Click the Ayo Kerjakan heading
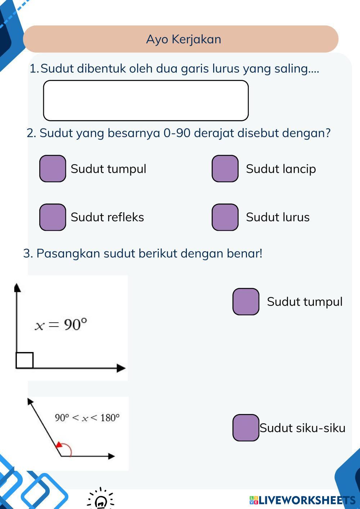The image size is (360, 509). pyautogui.click(x=184, y=39)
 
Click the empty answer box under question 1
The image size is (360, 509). pyautogui.click(x=146, y=100)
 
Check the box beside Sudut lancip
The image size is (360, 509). pyautogui.click(x=225, y=168)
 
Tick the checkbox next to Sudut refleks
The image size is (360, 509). pyautogui.click(x=53, y=217)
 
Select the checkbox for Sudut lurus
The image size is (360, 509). pyautogui.click(x=225, y=217)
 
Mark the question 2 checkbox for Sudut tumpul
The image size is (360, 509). pyautogui.click(x=53, y=168)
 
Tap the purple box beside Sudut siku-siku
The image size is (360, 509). pyautogui.click(x=246, y=428)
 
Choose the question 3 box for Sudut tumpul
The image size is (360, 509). pyautogui.click(x=246, y=302)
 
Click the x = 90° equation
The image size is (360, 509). pyautogui.click(x=61, y=324)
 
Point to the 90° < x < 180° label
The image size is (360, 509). pyautogui.click(x=87, y=418)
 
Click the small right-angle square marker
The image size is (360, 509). pyautogui.click(x=24, y=360)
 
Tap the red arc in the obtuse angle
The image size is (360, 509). pyautogui.click(x=67, y=448)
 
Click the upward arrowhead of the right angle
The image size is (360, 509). pyautogui.click(x=17, y=287)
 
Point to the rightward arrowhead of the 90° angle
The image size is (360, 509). pyautogui.click(x=121, y=368)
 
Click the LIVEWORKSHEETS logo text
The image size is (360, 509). pyautogui.click(x=302, y=500)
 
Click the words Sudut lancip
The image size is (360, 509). pyautogui.click(x=281, y=169)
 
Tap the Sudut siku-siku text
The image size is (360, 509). pyautogui.click(x=302, y=428)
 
